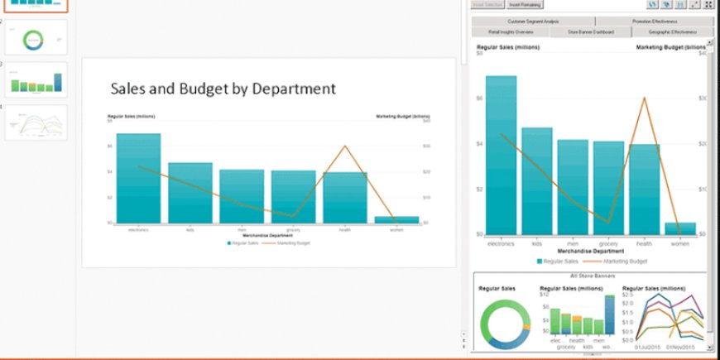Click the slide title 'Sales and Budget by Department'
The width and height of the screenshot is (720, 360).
click(x=223, y=89)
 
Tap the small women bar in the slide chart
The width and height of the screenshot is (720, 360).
click(x=396, y=219)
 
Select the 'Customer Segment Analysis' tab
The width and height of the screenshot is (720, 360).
click(x=533, y=21)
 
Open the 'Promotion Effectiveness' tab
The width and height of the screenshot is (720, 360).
click(x=655, y=21)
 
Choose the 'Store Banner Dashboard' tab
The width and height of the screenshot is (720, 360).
click(x=590, y=32)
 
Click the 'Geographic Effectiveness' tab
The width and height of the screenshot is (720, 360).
click(x=672, y=32)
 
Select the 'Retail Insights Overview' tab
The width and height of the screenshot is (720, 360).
click(x=511, y=32)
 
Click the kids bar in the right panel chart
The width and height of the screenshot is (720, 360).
click(x=537, y=182)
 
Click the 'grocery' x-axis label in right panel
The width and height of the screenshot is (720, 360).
click(x=608, y=243)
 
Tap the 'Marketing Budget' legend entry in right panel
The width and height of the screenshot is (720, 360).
click(x=618, y=261)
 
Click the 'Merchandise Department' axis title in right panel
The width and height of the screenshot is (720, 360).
click(x=590, y=251)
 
